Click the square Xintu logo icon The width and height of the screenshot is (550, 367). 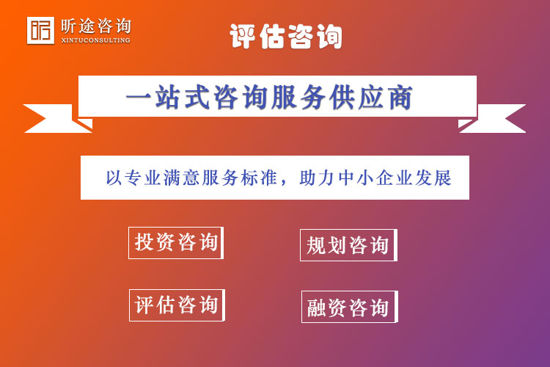40,30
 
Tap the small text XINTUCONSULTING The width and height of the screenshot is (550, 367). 96,40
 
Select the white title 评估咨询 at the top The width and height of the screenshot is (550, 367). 286,35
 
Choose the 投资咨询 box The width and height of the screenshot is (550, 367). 176,242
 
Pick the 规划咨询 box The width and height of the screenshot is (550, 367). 348,245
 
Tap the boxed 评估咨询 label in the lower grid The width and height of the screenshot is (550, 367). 177,305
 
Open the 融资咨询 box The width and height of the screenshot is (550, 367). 349,307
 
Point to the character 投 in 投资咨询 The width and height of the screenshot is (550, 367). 144,242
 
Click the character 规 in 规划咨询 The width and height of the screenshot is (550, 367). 317,245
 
